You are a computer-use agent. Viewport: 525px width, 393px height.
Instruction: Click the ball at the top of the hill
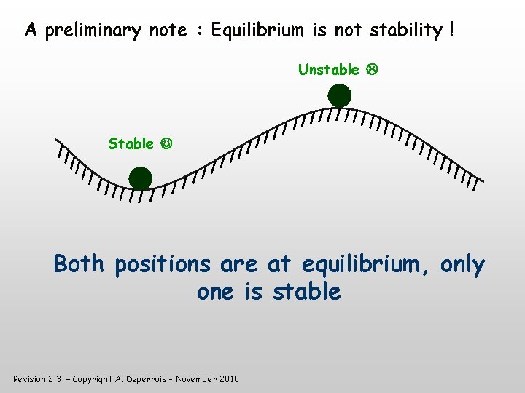coord(339,96)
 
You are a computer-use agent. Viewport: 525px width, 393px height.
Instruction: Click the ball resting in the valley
coord(140,178)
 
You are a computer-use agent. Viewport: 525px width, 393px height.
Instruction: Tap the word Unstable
coord(328,70)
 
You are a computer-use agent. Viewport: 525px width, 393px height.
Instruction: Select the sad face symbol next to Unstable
coord(370,70)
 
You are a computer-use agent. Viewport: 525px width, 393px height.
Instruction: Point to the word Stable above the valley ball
coord(131,144)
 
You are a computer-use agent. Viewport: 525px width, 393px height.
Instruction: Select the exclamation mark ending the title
coord(452,31)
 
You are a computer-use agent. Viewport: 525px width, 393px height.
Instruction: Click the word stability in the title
coord(405,31)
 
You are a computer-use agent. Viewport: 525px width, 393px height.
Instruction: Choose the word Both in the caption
coord(80,263)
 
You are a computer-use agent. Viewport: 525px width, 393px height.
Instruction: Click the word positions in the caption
coord(161,265)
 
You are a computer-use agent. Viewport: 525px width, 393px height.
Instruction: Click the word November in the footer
coord(194,379)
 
